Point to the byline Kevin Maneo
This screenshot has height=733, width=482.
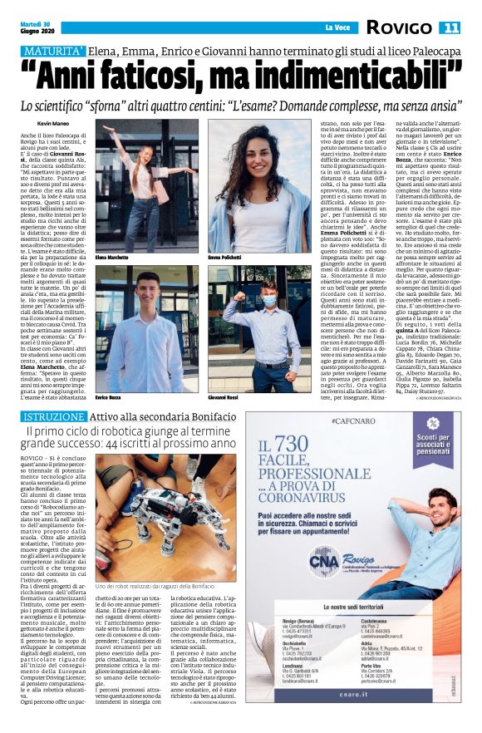pos(53,124)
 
